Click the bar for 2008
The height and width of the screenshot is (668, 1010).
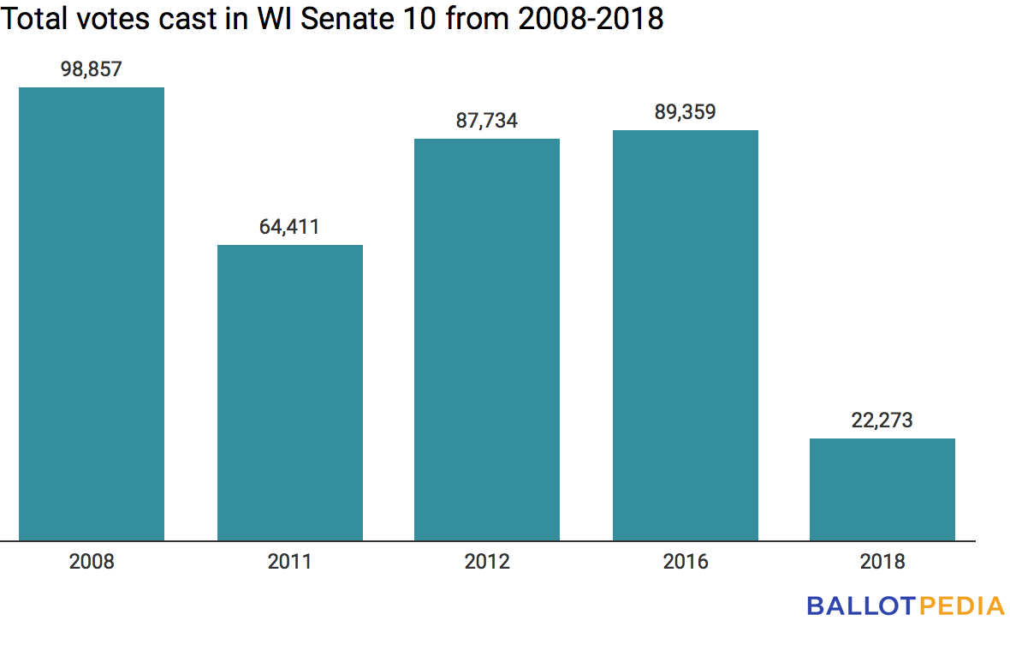coord(92,313)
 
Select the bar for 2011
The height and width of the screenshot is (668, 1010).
coord(289,393)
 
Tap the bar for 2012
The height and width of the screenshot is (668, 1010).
coord(487,339)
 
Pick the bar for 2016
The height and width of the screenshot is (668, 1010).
coord(685,335)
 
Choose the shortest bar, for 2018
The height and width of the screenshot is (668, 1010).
coord(882,489)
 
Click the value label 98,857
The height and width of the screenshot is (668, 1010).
coord(92,70)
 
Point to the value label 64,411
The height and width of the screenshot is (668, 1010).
coord(289,228)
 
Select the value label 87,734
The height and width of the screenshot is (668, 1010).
coord(487,121)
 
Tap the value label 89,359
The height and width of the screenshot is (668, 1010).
coord(685,112)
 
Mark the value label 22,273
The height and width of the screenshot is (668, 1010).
coord(882,420)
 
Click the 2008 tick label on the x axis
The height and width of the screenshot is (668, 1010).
coord(92,563)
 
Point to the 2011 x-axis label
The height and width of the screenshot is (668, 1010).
coord(289,563)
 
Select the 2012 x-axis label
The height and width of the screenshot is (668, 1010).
coord(487,563)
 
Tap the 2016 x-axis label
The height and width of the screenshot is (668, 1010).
coord(685,563)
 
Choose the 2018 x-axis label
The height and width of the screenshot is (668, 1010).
coord(882,563)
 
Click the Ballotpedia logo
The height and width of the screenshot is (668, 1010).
coord(906,606)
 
